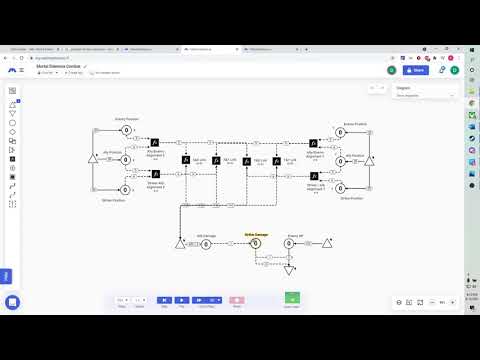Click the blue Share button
coord(417,70)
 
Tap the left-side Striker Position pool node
coord(127,186)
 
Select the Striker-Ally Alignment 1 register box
coord(153,174)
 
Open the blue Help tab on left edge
coord(5,276)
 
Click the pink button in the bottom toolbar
coord(237,299)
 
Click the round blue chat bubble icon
coord(13,302)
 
